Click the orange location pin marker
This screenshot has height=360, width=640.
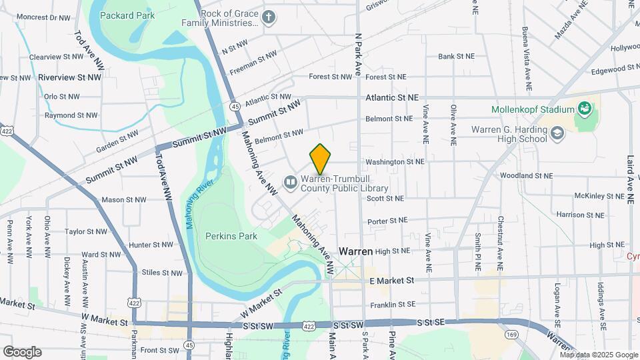point(321,159)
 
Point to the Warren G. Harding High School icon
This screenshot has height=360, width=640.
point(557,135)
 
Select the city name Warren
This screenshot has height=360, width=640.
point(355,251)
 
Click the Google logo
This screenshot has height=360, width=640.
point(22,351)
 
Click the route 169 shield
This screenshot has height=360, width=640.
point(512,334)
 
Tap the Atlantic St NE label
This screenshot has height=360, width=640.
point(392,97)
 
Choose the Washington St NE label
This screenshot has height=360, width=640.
point(395,161)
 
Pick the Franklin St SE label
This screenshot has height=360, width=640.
point(393,304)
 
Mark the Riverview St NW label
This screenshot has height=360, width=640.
point(69,77)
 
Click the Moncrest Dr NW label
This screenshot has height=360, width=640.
point(44,17)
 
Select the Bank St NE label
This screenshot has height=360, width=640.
point(456,57)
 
